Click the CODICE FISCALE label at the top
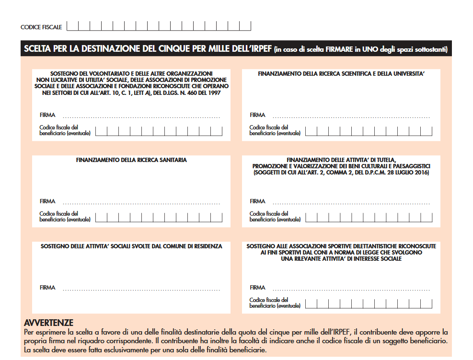coord(41,27)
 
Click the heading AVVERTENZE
coord(48,323)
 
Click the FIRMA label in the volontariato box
coord(47,115)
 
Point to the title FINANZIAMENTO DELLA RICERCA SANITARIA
coord(131,160)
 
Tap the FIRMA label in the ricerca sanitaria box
coord(47,201)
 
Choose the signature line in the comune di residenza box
coord(141,290)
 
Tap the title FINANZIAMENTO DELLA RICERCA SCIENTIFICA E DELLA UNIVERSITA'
coord(341,74)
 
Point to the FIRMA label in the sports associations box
coord(257,288)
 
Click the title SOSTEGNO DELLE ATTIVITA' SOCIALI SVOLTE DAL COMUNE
coord(131,246)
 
